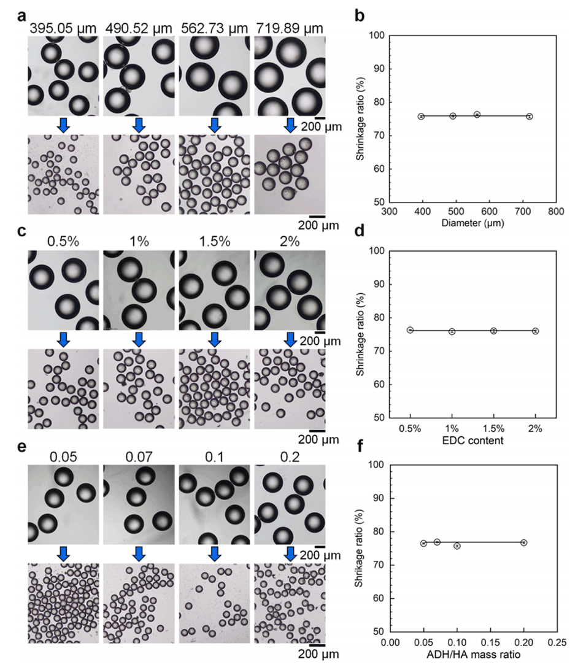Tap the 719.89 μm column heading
(x=288, y=28)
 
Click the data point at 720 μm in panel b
(x=529, y=116)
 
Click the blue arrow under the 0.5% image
(x=63, y=339)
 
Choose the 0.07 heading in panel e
(x=138, y=456)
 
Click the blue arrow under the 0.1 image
(x=214, y=553)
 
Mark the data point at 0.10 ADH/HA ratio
(x=457, y=545)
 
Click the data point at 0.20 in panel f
(x=523, y=542)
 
